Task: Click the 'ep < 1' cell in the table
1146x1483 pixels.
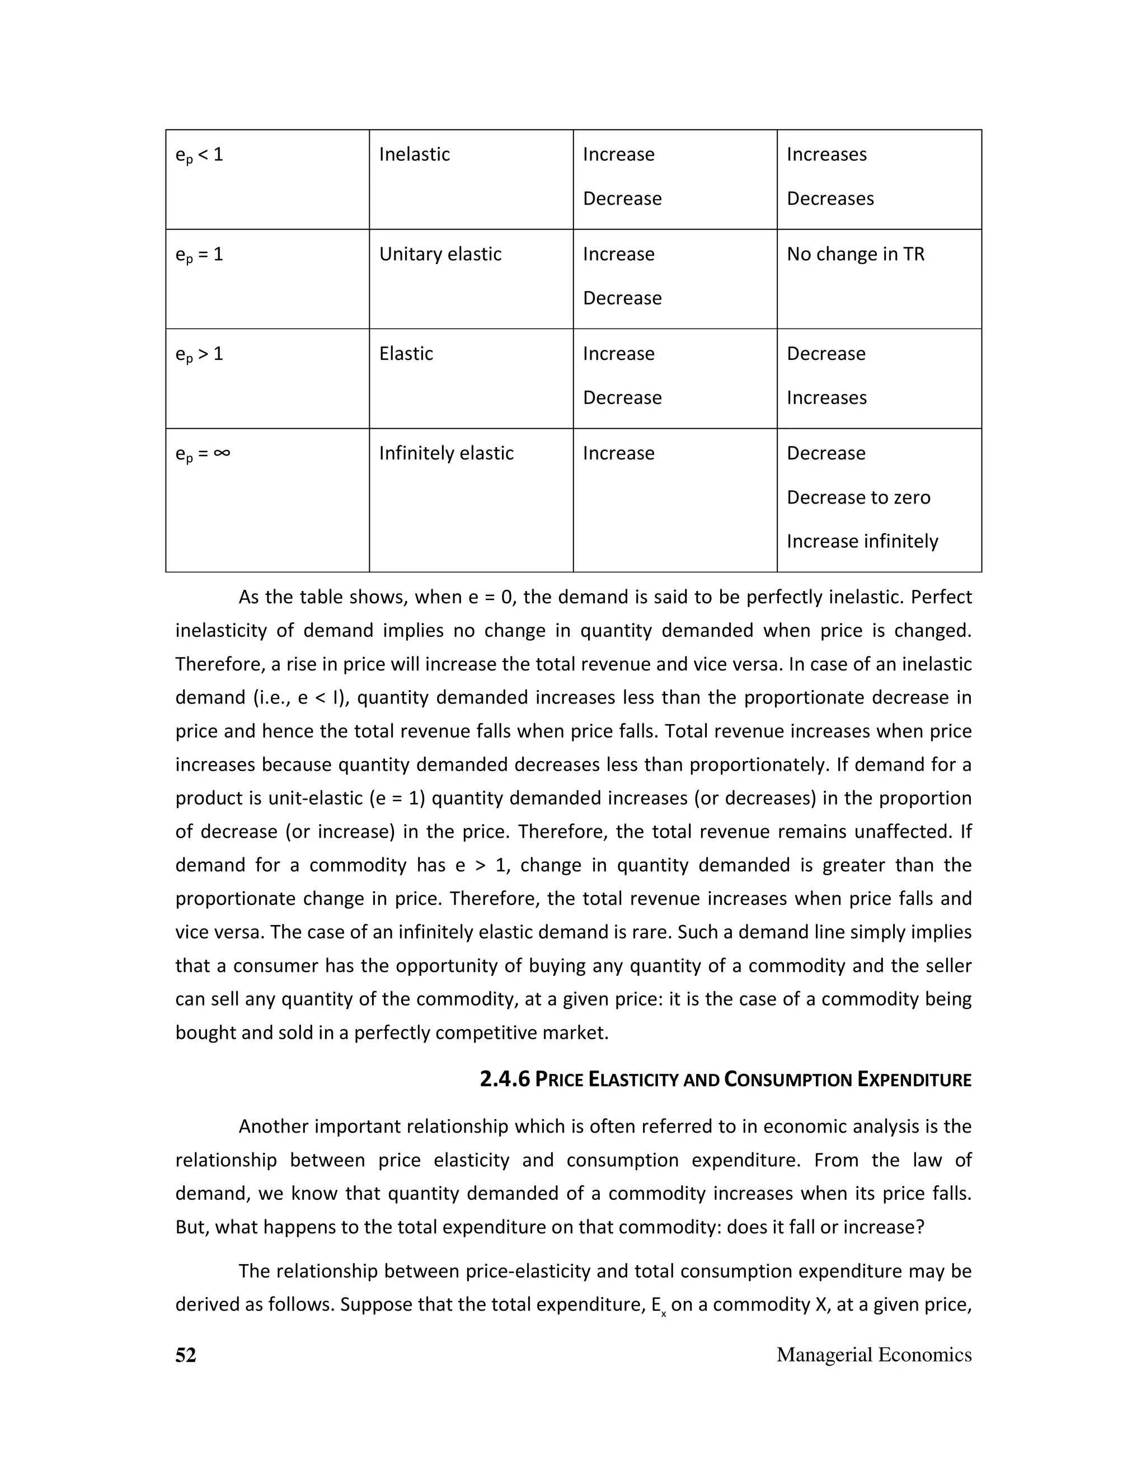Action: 199,155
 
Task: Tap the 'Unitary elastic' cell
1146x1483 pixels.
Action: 440,254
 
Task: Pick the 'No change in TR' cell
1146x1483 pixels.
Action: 855,254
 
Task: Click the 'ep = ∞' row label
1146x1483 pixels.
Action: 203,454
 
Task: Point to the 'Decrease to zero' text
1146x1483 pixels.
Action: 858,497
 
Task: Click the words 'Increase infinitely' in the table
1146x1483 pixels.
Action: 862,541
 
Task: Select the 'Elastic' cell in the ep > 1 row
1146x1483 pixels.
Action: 406,354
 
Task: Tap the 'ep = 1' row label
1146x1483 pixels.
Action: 199,255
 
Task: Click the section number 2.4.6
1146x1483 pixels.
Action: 504,1079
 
